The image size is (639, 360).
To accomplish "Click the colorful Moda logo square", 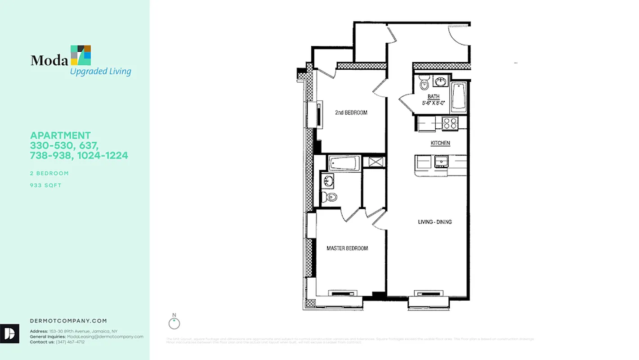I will (81, 55).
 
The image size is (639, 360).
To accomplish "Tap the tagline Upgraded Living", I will (100, 71).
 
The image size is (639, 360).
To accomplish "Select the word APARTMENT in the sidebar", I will (60, 135).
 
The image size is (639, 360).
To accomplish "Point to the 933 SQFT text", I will (45, 185).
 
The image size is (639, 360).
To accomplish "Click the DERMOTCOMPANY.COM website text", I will (68, 321).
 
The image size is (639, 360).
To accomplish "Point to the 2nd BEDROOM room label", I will (351, 112).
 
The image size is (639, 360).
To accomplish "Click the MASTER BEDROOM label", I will (347, 248).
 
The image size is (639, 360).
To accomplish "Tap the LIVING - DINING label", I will (435, 222).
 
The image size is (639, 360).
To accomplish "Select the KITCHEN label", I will (440, 143).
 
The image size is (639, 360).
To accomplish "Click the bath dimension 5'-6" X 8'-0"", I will (433, 103).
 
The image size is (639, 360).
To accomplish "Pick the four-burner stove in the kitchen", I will (450, 123).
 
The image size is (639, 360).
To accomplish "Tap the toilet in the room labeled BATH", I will (424, 84).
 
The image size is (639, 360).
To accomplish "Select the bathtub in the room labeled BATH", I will (459, 96).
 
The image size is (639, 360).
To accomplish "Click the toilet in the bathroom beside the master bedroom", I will (329, 197).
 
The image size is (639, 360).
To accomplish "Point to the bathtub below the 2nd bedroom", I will (344, 162).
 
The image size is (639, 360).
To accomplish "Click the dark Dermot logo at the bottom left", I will (9, 333).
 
